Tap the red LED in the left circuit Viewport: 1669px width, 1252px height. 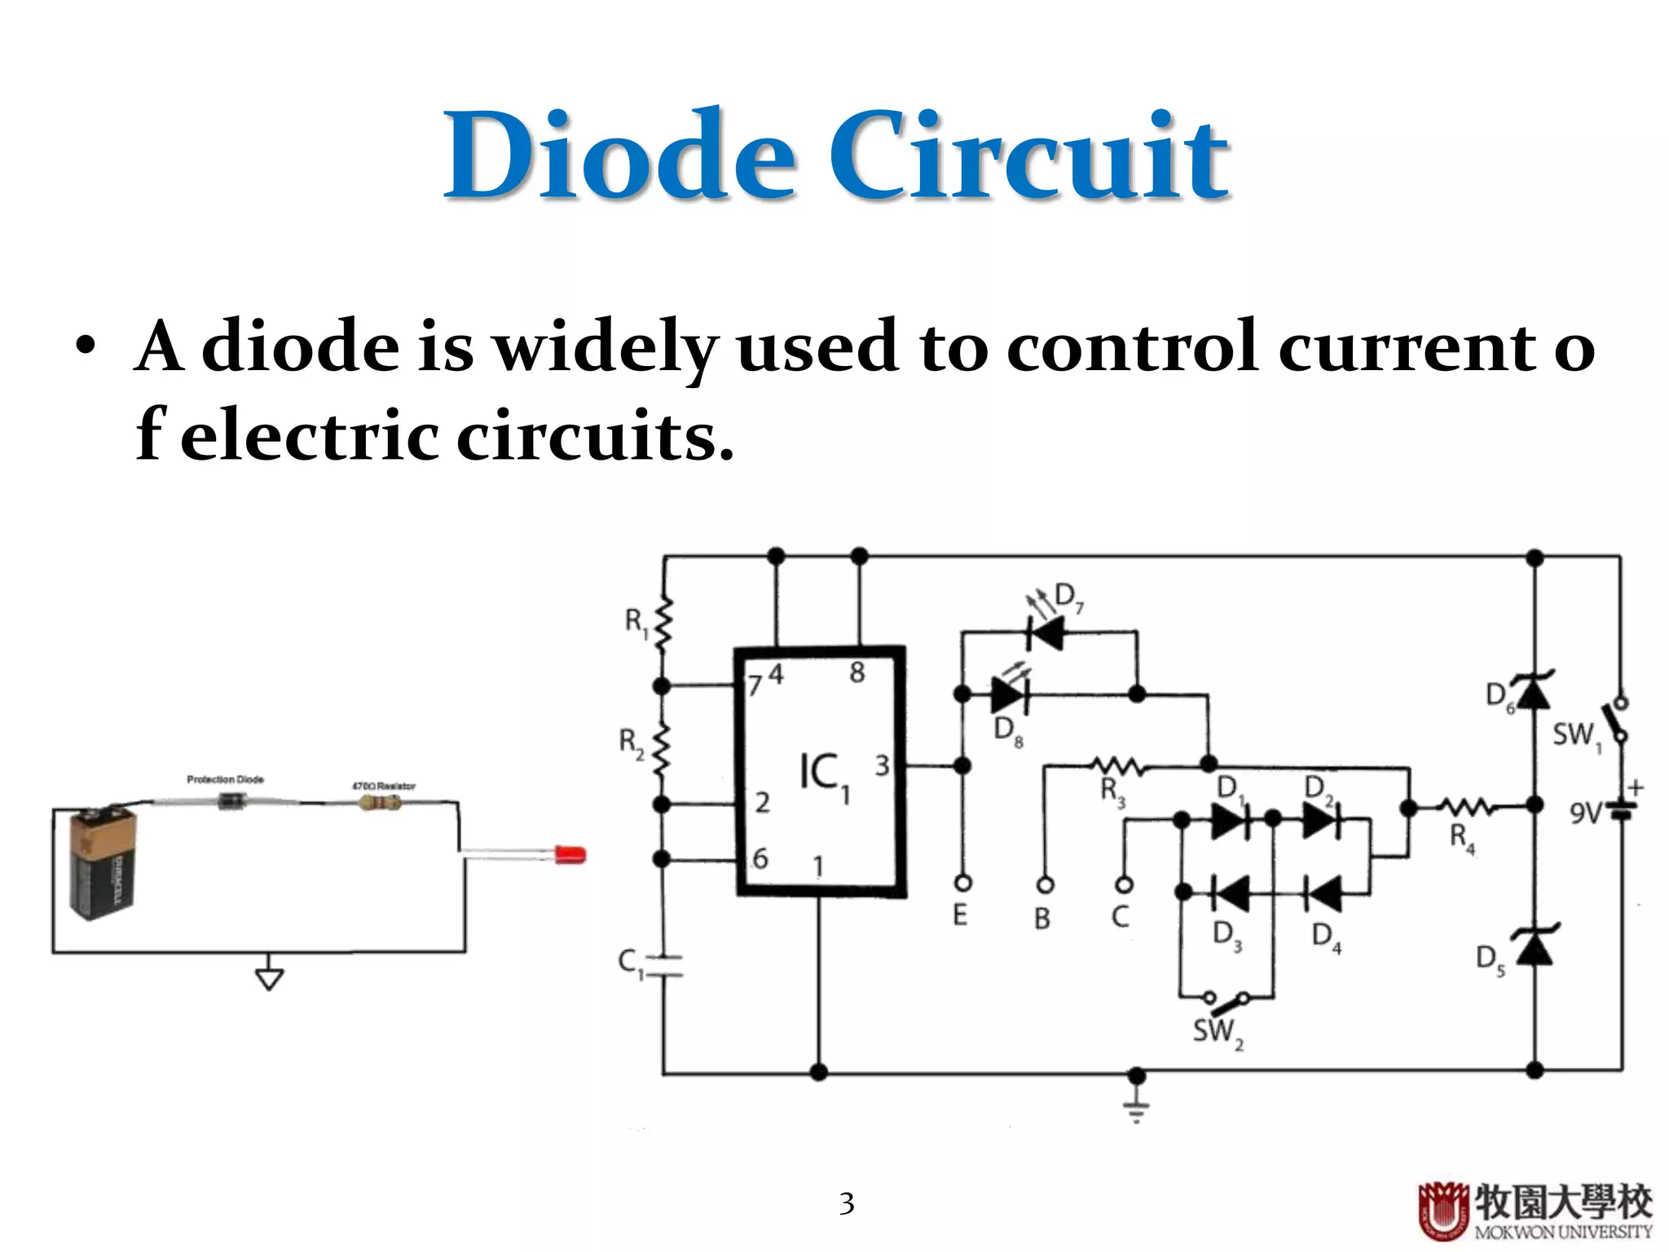point(570,855)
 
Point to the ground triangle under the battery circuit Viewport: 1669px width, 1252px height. point(269,977)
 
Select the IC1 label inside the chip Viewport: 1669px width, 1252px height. point(824,774)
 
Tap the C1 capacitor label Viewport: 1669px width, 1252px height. point(630,963)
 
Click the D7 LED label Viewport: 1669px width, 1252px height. point(1068,597)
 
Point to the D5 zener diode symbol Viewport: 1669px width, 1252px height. point(1535,947)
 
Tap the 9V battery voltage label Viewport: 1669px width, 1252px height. point(1585,813)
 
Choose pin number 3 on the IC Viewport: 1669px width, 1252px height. point(882,766)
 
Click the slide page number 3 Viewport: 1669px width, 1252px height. point(847,1203)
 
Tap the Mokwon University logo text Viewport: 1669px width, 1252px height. point(1562,1231)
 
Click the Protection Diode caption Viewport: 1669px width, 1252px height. point(225,780)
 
